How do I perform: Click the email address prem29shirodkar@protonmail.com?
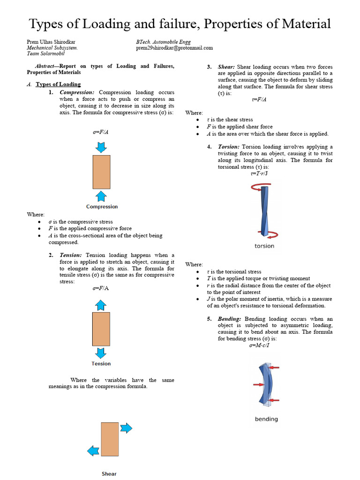coord(174,48)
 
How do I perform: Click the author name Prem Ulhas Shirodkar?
coord(52,42)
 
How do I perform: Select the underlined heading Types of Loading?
coord(58,84)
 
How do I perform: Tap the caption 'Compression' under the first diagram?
coord(102,207)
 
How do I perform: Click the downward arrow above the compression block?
coord(101,147)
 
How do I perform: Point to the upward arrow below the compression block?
coord(101,196)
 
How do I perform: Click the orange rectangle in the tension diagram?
coord(101,329)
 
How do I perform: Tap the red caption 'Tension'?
coord(101,364)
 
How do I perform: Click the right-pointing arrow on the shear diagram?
coord(126,428)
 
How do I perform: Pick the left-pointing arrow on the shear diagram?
coord(94,450)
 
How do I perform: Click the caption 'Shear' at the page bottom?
coord(109,474)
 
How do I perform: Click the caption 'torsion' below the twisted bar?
coord(264,246)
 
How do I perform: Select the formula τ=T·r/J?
coord(259,173)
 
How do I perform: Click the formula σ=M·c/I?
coord(259,345)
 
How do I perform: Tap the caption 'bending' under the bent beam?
coord(266,419)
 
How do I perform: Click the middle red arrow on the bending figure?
coord(259,384)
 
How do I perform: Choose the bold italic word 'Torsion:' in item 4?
coord(229,147)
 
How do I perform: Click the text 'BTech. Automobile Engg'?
coord(163,42)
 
